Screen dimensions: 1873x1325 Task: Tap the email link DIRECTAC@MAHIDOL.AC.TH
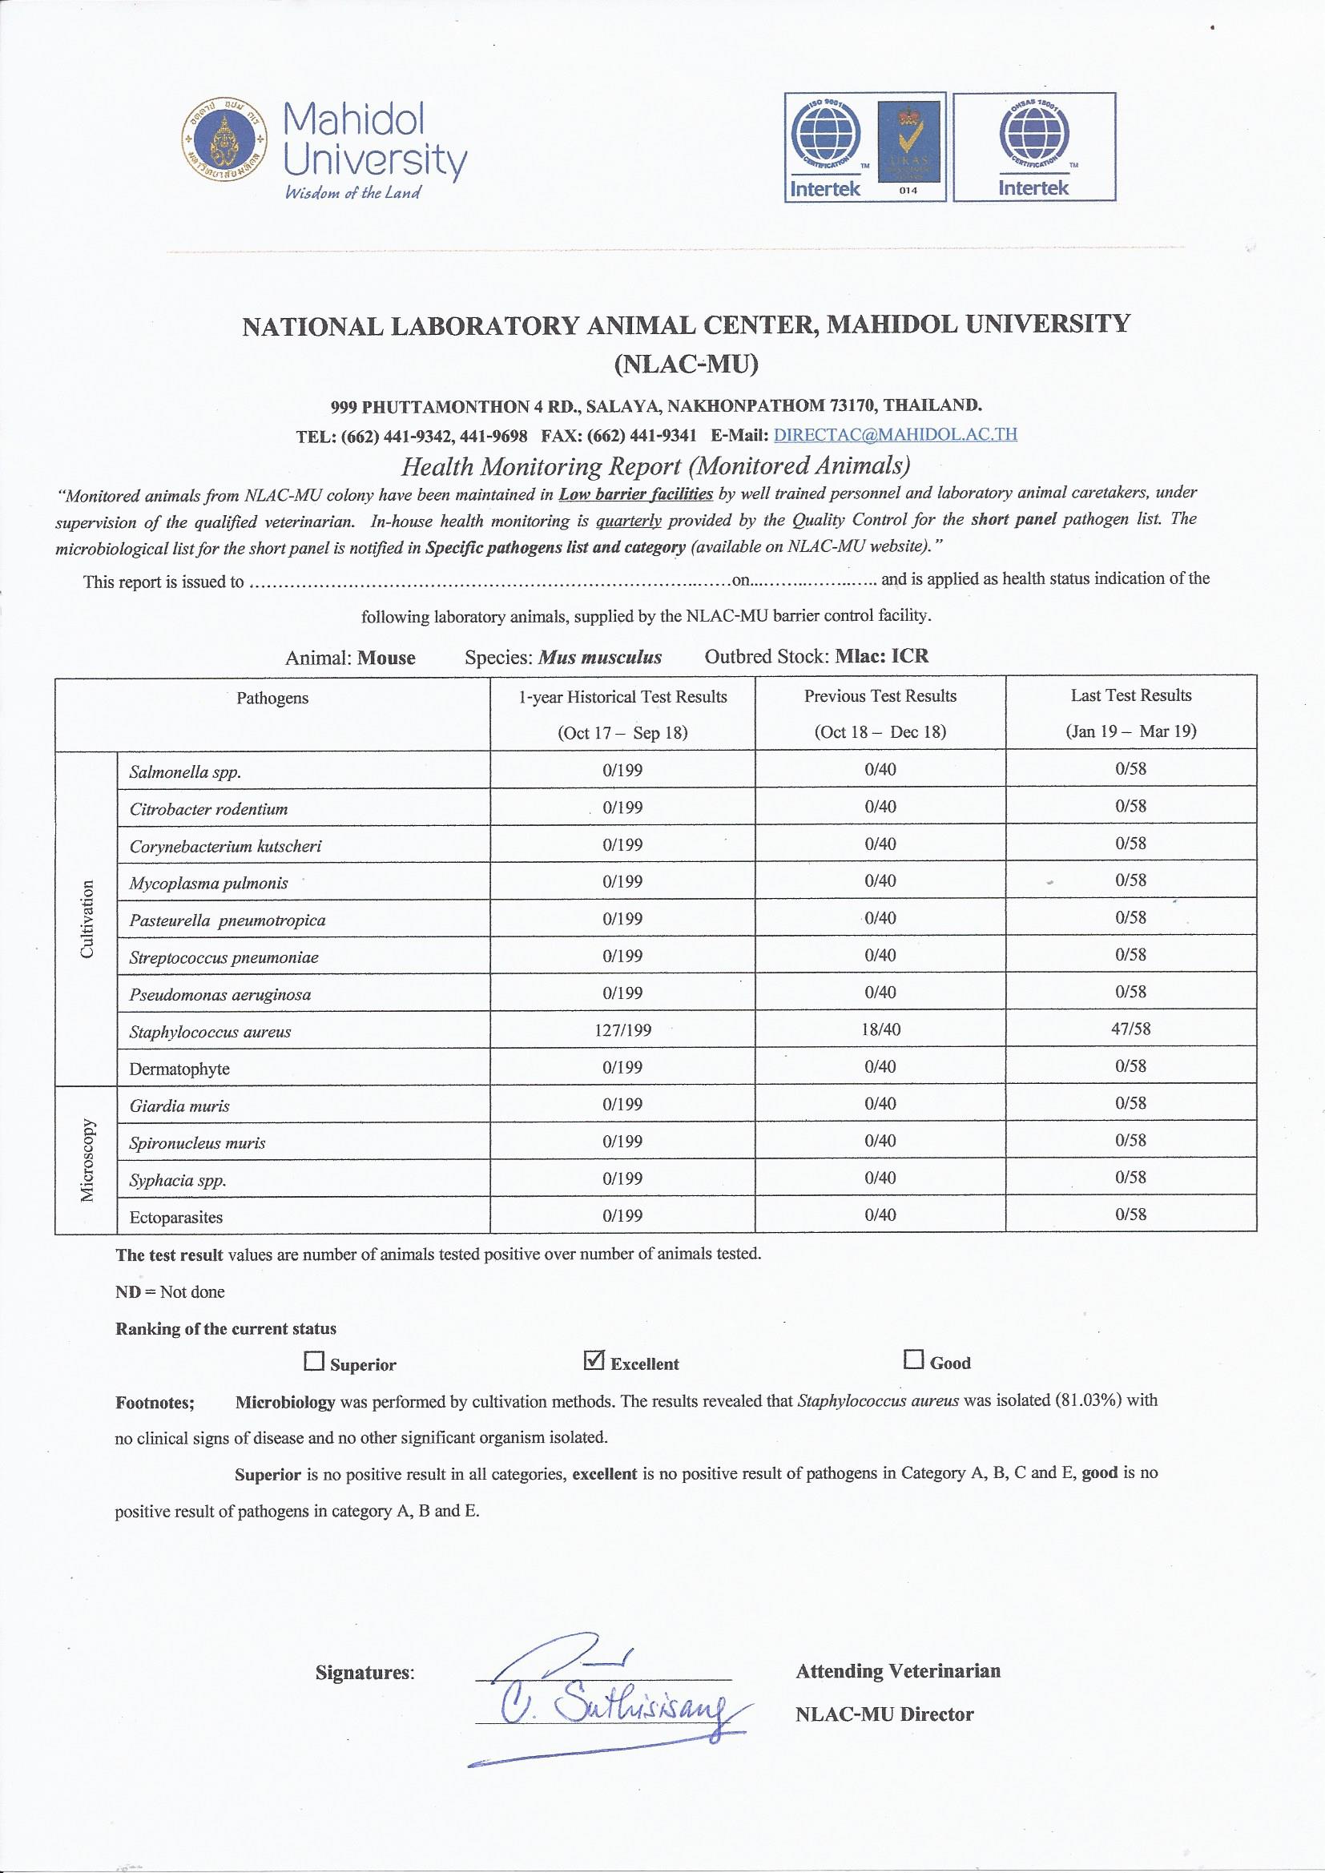coord(895,434)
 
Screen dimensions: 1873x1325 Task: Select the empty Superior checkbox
coord(312,1361)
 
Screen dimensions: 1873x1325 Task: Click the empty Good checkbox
coord(913,1359)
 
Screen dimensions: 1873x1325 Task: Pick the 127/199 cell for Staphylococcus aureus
coord(622,1029)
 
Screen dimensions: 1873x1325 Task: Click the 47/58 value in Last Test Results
coord(1131,1028)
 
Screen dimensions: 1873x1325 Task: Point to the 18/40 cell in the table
coord(880,1029)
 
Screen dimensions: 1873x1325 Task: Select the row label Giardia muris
coord(179,1106)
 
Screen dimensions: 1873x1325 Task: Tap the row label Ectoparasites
coord(176,1217)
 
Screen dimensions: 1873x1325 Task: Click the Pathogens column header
coord(272,699)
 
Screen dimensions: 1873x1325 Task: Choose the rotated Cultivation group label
coord(88,920)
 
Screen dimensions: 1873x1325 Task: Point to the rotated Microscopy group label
coord(88,1159)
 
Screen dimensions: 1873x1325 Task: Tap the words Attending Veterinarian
coord(897,1648)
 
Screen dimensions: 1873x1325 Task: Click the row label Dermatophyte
coord(179,1069)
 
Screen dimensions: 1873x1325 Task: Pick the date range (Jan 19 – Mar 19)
coord(1131,731)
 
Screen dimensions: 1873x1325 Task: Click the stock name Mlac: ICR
coord(882,656)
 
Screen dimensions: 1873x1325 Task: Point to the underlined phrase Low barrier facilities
coord(635,493)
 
